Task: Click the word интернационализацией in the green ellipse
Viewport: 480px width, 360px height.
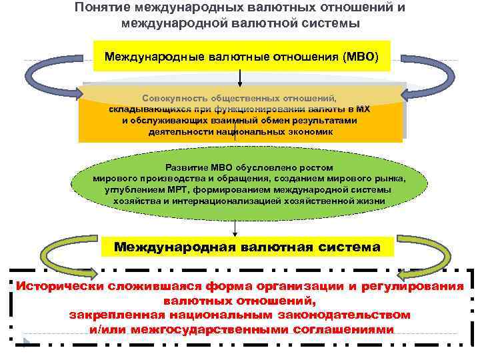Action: [x=219, y=200]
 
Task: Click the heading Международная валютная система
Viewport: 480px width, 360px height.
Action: [x=247, y=247]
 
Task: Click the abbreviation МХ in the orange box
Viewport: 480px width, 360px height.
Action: [x=363, y=109]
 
